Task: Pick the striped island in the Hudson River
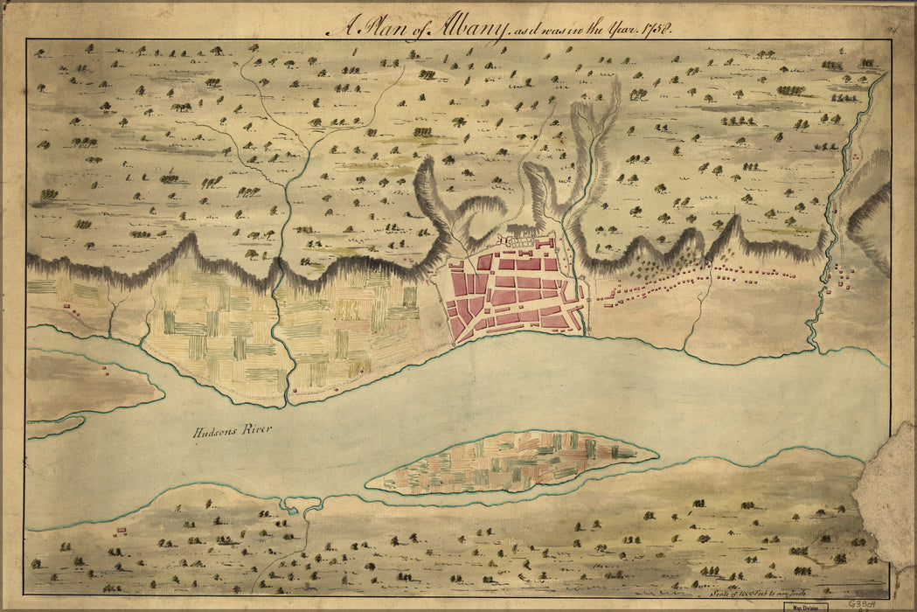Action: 511,461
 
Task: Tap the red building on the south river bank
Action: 121,530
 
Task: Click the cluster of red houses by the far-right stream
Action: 844,276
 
